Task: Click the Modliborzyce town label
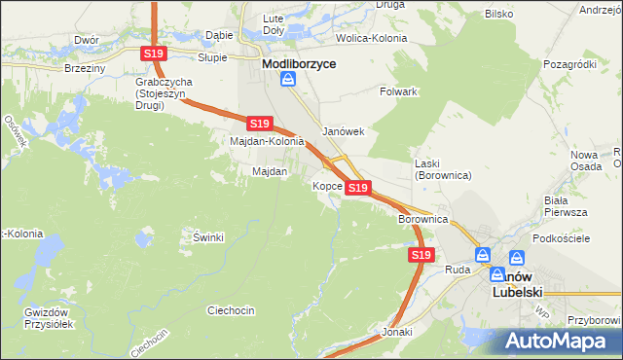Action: (x=299, y=63)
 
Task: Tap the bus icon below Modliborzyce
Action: (x=288, y=82)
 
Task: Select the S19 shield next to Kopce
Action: (x=357, y=187)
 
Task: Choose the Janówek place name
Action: (x=343, y=131)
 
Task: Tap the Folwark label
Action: (x=398, y=91)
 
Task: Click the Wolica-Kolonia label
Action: (x=371, y=38)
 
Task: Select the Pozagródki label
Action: (x=570, y=63)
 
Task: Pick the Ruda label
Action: (x=458, y=269)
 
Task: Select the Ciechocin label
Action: (x=231, y=310)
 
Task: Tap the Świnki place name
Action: (x=208, y=237)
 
